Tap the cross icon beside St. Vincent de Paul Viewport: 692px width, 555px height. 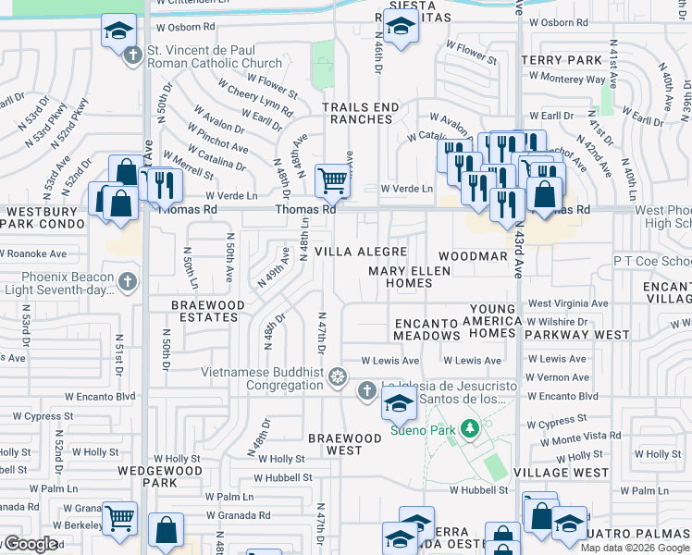(x=132, y=55)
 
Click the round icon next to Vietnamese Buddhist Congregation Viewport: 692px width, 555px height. (x=339, y=377)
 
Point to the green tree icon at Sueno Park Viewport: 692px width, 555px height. (x=470, y=428)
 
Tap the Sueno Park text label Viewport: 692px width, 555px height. (x=425, y=429)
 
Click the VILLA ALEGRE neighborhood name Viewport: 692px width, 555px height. (x=361, y=252)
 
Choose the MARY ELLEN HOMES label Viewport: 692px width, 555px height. (x=409, y=277)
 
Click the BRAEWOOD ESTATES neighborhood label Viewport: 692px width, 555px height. (x=208, y=311)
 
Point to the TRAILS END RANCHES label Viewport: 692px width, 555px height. (x=361, y=113)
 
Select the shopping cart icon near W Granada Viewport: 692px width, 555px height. (x=119, y=519)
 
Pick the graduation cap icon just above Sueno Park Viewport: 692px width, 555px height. (x=399, y=403)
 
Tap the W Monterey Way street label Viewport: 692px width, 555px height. (x=566, y=80)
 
